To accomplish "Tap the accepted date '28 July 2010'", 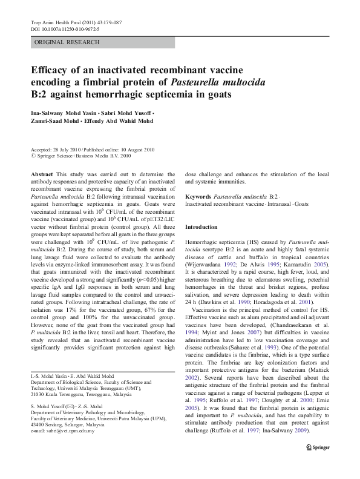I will tap(69, 150).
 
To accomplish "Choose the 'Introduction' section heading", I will tap(201, 226).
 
